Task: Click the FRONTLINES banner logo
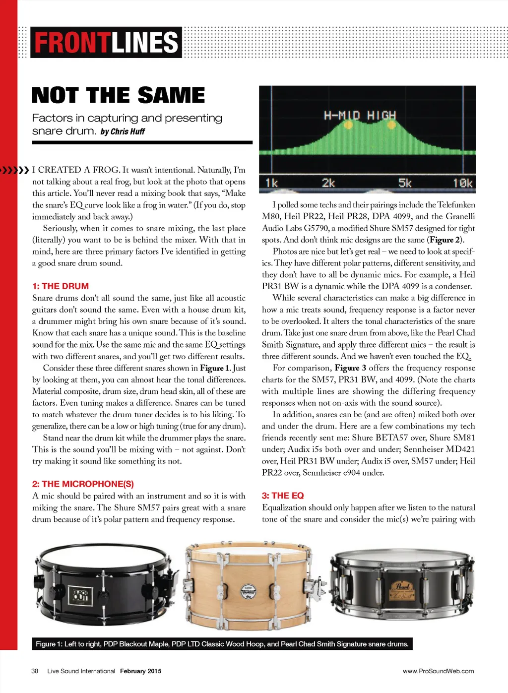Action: click(106, 43)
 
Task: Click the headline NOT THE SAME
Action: click(118, 95)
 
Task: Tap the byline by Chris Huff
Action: click(123, 132)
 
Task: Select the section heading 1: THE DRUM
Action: click(61, 286)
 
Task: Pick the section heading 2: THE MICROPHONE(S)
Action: click(83, 484)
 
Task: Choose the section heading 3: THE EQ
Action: click(283, 496)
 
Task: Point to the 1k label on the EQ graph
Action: click(271, 183)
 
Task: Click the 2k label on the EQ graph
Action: click(328, 183)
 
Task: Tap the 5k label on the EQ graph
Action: click(405, 183)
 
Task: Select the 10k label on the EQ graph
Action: click(462, 183)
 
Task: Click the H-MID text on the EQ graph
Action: click(342, 116)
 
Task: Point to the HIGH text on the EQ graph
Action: click(381, 116)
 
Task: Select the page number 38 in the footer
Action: click(35, 671)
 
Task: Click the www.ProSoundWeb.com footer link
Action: click(438, 671)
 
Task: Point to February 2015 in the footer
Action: click(140, 671)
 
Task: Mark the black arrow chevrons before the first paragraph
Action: click(15, 170)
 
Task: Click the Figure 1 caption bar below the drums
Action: click(222, 644)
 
